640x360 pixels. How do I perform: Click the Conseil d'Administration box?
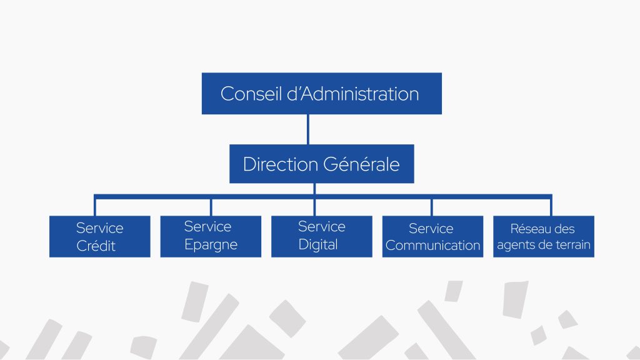pos(322,94)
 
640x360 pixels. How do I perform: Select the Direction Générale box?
pos(322,164)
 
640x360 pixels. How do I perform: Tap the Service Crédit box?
pos(100,237)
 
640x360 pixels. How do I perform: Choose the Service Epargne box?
pos(211,237)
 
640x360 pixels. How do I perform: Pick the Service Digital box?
pos(322,237)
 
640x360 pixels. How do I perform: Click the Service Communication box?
pos(432,237)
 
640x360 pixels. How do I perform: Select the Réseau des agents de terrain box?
pos(544,237)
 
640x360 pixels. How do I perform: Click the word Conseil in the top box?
pos(251,94)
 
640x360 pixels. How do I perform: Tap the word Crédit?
pos(96,246)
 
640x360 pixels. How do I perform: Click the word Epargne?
pos(211,244)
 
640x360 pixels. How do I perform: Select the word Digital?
pos(318,244)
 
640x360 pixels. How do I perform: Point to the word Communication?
pos(432,245)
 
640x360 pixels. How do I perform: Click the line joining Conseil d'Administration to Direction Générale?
pos(308,129)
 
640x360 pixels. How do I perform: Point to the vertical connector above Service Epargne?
pos(211,207)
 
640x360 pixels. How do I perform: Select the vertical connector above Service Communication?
pos(432,207)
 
